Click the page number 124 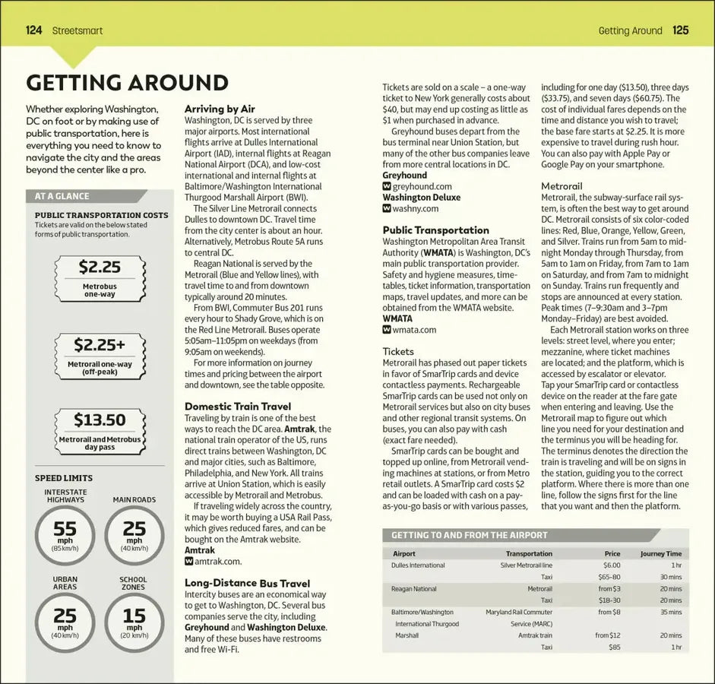click(33, 30)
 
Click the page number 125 click(680, 30)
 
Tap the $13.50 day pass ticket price click(100, 420)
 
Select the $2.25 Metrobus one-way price click(100, 268)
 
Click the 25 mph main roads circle click(134, 534)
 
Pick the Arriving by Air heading click(220, 109)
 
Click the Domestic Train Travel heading click(237, 407)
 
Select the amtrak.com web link click(217, 562)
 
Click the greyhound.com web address click(422, 186)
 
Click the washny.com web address click(416, 208)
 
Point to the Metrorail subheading click(562, 186)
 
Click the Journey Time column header click(660, 554)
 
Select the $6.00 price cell click(612, 565)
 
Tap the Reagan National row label click(413, 589)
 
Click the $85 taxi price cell click(614, 647)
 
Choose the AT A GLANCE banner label click(62, 196)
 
